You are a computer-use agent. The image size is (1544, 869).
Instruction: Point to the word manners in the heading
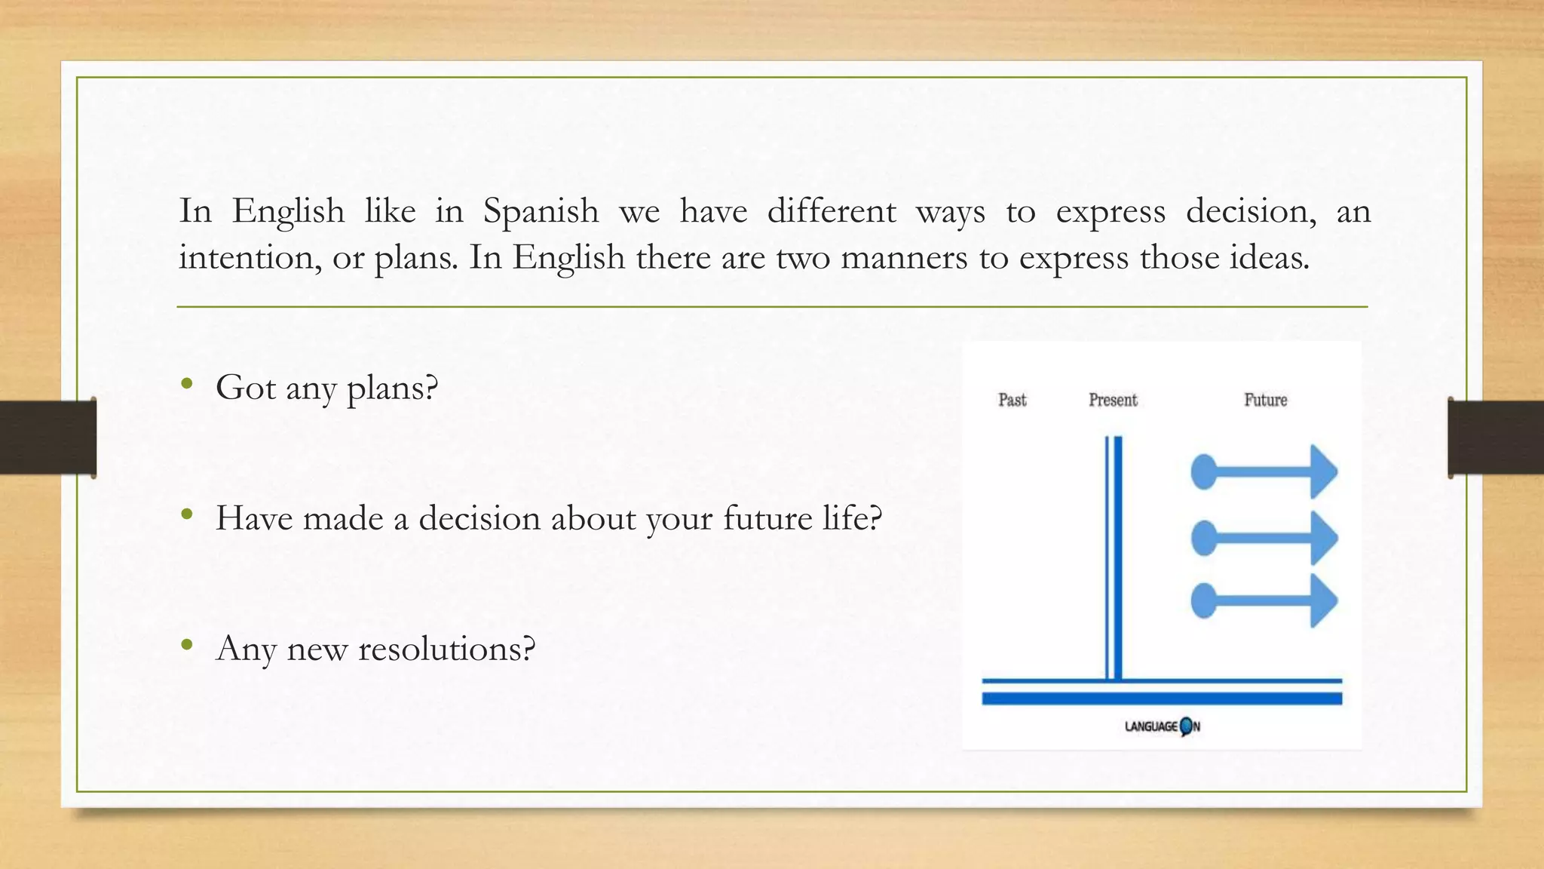(x=903, y=258)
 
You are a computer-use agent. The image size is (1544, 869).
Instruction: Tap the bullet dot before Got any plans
(x=187, y=384)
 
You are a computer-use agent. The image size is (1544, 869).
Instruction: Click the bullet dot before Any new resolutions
(x=187, y=645)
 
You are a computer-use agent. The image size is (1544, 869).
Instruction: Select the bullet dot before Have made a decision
(x=187, y=514)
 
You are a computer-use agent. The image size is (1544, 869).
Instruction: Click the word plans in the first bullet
(x=391, y=389)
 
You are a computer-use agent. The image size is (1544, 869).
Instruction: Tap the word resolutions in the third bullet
(x=446, y=649)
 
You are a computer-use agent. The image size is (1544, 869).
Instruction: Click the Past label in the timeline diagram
(x=1012, y=400)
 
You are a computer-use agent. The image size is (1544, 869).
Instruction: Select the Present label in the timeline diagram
(x=1113, y=400)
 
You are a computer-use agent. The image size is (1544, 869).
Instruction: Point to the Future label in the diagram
(x=1265, y=400)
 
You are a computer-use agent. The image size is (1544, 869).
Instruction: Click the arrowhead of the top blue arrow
(x=1323, y=472)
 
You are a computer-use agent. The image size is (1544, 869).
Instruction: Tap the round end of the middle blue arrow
(x=1204, y=538)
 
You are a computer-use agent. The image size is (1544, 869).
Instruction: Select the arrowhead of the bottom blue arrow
(x=1323, y=601)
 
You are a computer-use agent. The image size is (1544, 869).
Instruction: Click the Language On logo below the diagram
(x=1162, y=726)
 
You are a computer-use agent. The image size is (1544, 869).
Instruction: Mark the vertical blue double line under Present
(x=1114, y=558)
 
